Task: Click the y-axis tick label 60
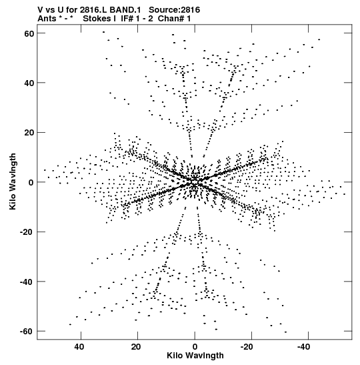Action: click(29, 33)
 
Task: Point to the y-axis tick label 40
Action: click(29, 83)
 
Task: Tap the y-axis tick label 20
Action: click(29, 133)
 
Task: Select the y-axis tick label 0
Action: click(31, 183)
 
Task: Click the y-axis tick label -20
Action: click(27, 232)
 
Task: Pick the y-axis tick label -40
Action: click(27, 282)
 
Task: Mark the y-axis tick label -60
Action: click(27, 332)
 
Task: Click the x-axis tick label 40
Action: click(79, 347)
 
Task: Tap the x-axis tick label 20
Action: click(136, 347)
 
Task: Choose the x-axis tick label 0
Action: click(195, 347)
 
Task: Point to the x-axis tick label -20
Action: click(250, 347)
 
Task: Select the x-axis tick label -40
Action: click(307, 347)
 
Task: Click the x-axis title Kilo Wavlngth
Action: click(195, 356)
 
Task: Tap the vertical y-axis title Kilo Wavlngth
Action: click(13, 181)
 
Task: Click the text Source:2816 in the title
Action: click(175, 10)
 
